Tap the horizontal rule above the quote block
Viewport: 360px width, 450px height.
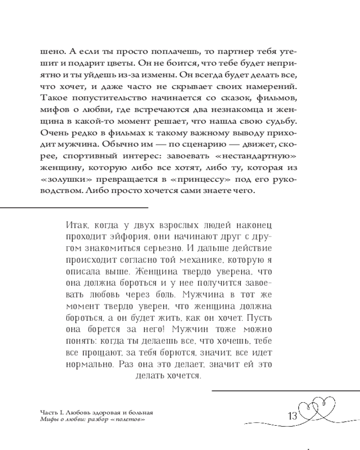(x=74, y=207)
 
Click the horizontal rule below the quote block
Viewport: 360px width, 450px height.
(x=285, y=390)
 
